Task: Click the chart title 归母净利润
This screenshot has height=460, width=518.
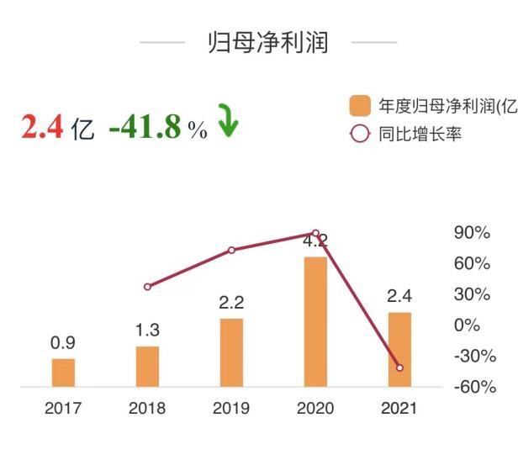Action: pos(267,43)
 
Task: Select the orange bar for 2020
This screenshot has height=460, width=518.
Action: pos(315,322)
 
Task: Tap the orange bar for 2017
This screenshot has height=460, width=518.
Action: pos(63,373)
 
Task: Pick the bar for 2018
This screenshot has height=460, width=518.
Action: pos(147,367)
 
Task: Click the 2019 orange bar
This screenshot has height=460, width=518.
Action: pos(231,353)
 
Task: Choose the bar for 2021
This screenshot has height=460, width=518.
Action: pos(399,350)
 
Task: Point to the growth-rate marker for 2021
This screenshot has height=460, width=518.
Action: pos(399,367)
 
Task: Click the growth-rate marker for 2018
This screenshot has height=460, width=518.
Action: pos(147,287)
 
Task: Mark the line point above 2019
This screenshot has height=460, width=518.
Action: pos(231,250)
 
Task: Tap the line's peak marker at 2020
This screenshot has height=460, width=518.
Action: pos(315,233)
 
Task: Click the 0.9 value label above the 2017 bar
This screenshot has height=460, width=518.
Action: pos(63,343)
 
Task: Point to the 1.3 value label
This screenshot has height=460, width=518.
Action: pos(147,330)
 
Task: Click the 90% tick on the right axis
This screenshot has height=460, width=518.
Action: pos(472,233)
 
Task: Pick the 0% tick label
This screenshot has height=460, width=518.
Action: pos(467,325)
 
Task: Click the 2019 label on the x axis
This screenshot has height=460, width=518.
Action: pos(231,410)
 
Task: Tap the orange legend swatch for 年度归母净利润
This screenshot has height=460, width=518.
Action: pos(360,106)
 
